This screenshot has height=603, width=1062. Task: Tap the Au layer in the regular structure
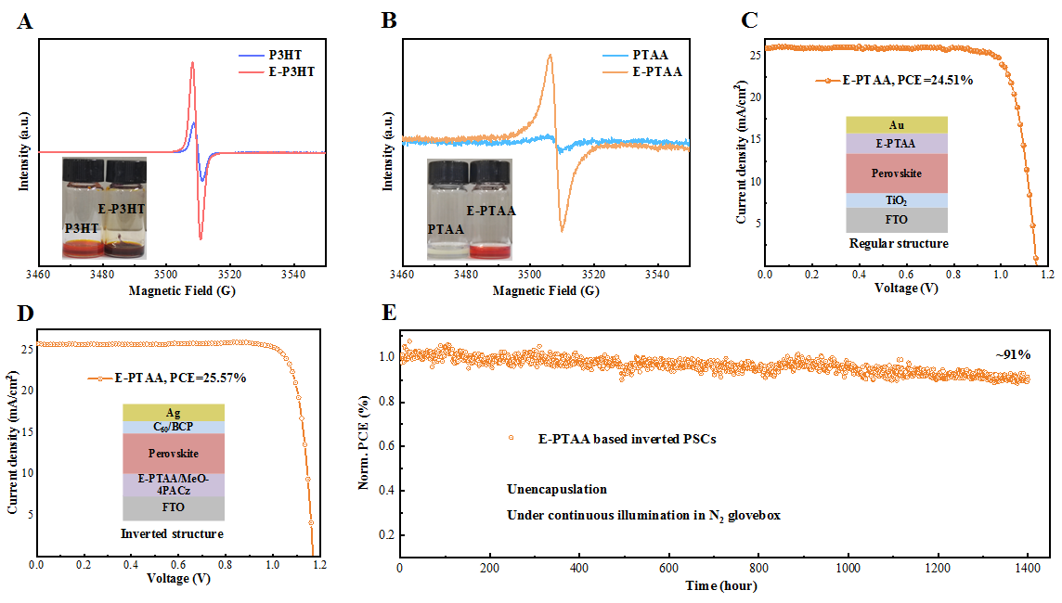coord(897,124)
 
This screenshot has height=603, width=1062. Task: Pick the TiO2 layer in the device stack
coord(897,199)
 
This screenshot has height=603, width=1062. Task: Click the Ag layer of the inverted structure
coord(173,412)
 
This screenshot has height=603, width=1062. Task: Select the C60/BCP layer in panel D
coord(173,428)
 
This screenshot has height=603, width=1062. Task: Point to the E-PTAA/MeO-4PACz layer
coord(173,484)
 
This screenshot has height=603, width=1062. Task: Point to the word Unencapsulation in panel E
coord(557,489)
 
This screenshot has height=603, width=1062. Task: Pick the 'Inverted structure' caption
coord(173,533)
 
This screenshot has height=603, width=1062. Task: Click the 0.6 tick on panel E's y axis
coord(382,446)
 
